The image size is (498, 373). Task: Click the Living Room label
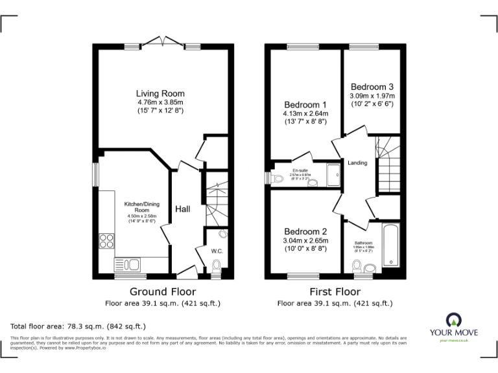coord(160,93)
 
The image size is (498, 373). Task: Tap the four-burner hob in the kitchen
coord(106,240)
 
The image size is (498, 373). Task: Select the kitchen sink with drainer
coord(128,264)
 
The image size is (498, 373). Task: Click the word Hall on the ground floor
coord(182,209)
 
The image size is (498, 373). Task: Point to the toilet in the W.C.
coord(216,264)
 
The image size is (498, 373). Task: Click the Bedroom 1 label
coord(305,105)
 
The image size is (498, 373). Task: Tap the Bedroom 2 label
coord(305,232)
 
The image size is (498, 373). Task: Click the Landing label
coord(357,163)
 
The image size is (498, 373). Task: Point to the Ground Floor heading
coord(163,292)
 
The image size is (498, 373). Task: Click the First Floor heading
coord(335,292)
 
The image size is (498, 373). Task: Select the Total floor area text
coord(78,326)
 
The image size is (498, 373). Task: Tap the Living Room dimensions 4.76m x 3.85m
coord(160,102)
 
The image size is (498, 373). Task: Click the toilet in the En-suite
coord(313,183)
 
